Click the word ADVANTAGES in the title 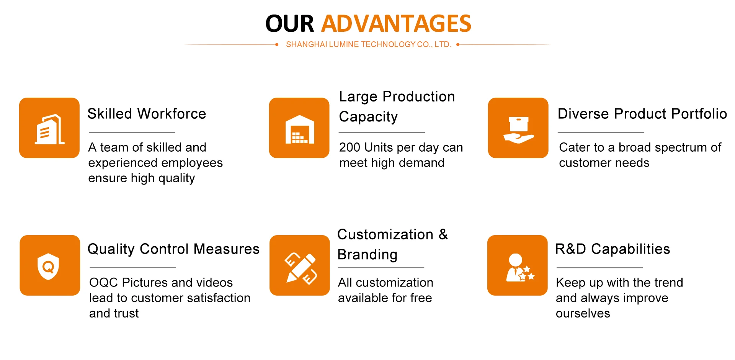click(396, 23)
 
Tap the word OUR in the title click(290, 23)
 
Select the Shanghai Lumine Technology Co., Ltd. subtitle click(369, 44)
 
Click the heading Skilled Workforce click(147, 114)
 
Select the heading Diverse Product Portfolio click(642, 114)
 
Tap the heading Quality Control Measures click(173, 249)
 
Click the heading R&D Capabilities click(612, 249)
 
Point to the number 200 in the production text click(350, 147)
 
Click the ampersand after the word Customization click(443, 234)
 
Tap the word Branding click(367, 255)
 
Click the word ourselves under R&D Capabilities click(583, 313)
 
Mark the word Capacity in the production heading click(368, 117)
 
